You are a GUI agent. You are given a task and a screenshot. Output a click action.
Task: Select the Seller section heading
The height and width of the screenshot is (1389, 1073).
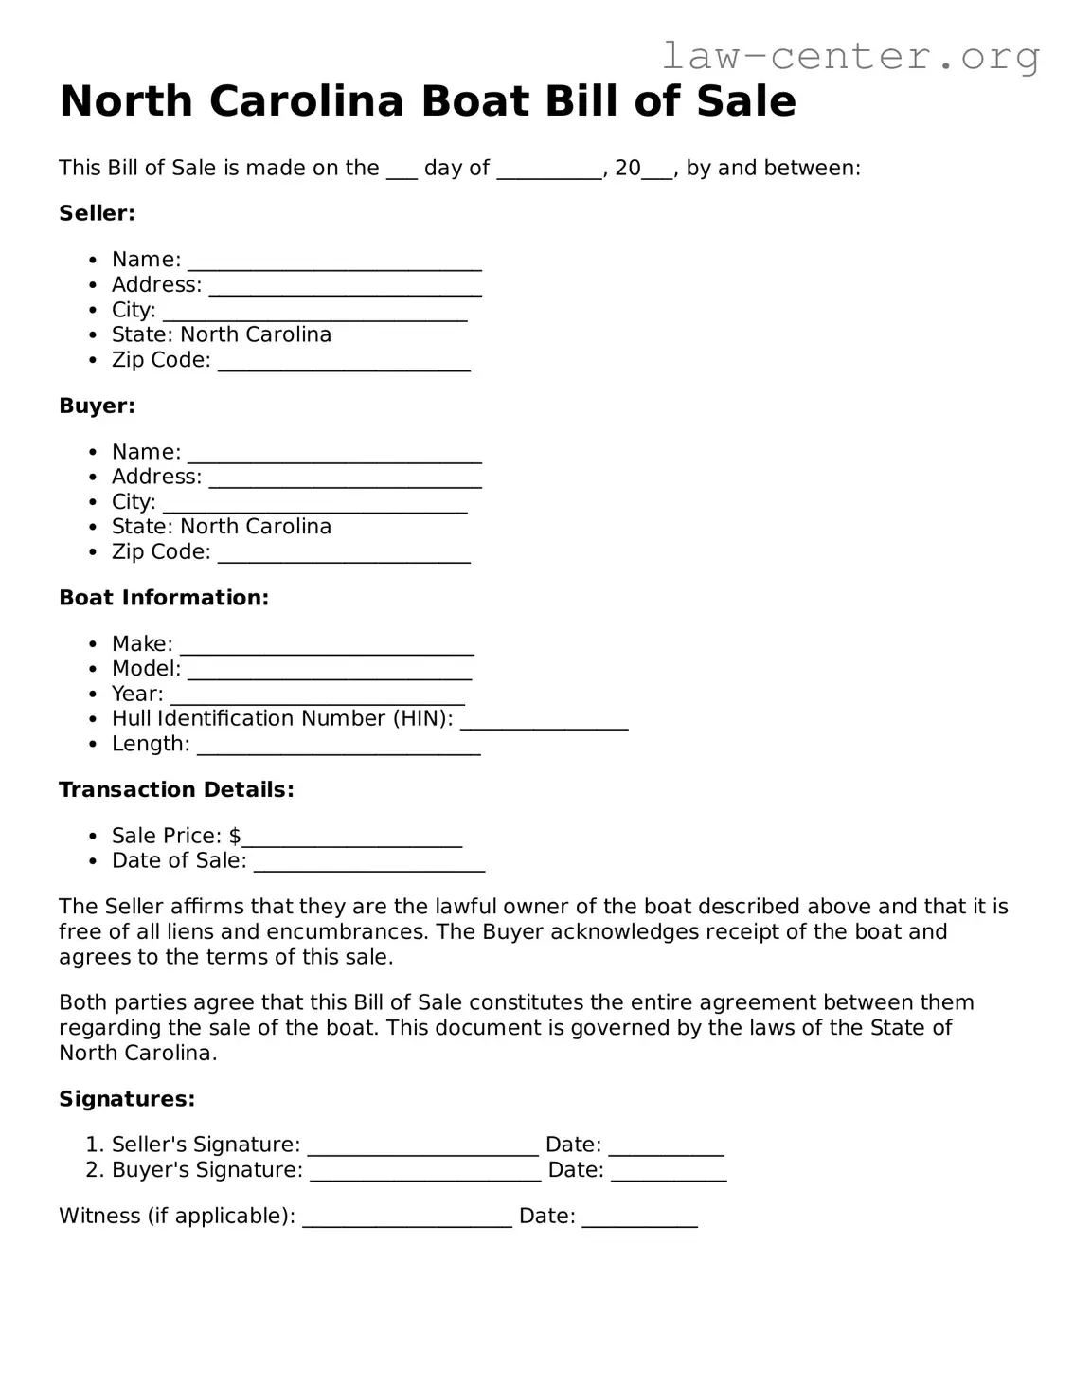97,213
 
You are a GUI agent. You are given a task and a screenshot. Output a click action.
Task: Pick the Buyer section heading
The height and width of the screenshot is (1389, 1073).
97,406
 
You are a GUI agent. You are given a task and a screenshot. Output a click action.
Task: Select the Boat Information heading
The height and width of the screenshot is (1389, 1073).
164,598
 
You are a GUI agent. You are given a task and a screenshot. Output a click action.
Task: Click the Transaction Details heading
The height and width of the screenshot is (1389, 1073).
176,790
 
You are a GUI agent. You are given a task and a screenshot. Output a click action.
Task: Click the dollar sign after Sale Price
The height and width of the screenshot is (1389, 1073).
235,836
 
